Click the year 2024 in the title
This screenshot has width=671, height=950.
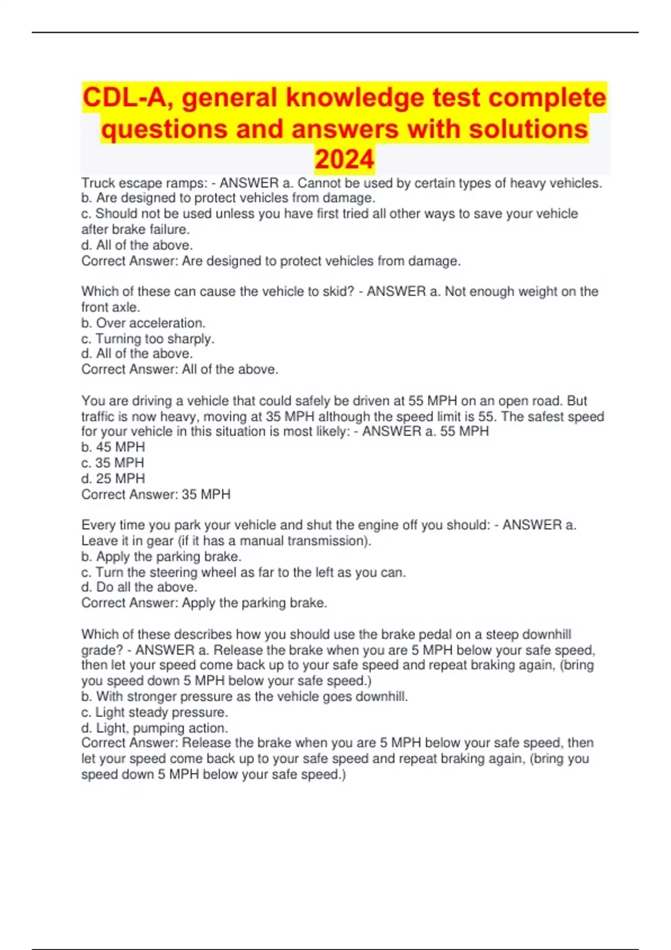344,160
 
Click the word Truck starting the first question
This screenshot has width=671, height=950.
98,183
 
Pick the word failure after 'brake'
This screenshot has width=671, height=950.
169,229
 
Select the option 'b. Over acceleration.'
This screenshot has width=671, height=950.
144,323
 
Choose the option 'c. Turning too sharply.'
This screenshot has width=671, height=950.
148,339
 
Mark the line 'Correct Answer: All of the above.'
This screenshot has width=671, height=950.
179,369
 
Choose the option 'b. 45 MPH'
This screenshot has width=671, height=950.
113,447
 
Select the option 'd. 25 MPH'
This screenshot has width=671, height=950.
113,478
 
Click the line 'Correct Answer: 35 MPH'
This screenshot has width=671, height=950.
155,494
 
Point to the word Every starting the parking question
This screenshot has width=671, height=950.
98,525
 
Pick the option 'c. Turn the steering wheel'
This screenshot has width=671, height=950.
243,572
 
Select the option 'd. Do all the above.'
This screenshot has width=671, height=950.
139,587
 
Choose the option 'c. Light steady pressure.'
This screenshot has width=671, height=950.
154,712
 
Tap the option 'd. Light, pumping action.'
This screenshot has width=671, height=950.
154,728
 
